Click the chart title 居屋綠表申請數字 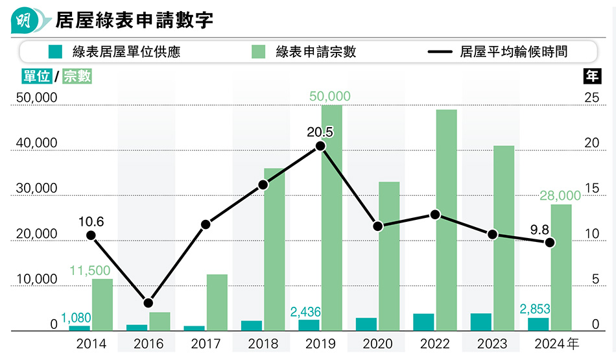click(x=134, y=19)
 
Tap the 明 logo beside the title click(x=25, y=19)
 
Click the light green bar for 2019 click(x=331, y=217)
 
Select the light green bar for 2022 click(x=446, y=221)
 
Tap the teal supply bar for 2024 click(x=538, y=324)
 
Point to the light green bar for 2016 click(x=160, y=322)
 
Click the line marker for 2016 click(x=148, y=303)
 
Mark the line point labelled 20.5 click(x=320, y=146)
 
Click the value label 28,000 click(x=560, y=195)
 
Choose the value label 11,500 click(x=89, y=270)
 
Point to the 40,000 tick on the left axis click(x=36, y=143)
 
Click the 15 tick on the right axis click(x=592, y=189)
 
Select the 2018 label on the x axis click(x=263, y=343)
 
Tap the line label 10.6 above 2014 click(x=91, y=222)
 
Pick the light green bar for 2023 click(x=504, y=238)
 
